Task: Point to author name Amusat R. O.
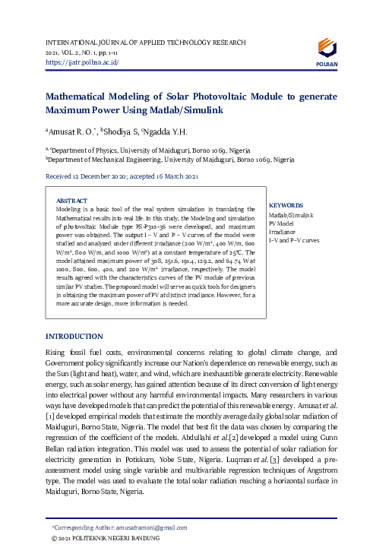pyautogui.click(x=74, y=131)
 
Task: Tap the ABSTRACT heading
pyautogui.click(x=72, y=201)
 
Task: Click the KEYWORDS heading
pyautogui.click(x=286, y=205)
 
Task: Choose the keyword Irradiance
pyautogui.click(x=282, y=232)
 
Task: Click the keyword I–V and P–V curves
pyautogui.click(x=294, y=240)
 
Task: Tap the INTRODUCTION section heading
pyautogui.click(x=74, y=335)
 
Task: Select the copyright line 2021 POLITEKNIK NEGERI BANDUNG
pyautogui.click(x=106, y=537)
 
